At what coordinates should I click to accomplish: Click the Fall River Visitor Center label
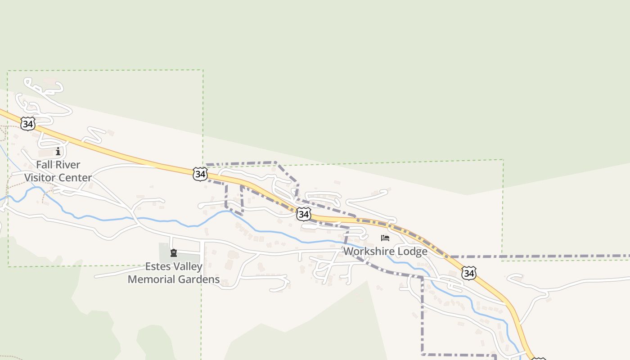click(58, 171)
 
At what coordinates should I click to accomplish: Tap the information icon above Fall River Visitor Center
click(58, 152)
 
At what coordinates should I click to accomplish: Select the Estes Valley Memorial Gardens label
click(174, 273)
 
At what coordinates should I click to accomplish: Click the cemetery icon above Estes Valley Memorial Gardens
click(174, 253)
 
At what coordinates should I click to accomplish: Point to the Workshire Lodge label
click(385, 251)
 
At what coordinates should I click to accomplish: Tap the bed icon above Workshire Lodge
click(385, 238)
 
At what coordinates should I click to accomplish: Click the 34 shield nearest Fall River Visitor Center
click(28, 124)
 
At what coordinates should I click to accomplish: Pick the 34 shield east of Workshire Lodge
click(468, 273)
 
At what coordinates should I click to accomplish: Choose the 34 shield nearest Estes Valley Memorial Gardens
click(200, 174)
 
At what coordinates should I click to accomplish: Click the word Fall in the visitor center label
click(44, 165)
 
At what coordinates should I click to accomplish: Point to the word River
click(67, 165)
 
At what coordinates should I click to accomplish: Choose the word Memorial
click(150, 279)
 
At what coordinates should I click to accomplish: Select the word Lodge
click(413, 251)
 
